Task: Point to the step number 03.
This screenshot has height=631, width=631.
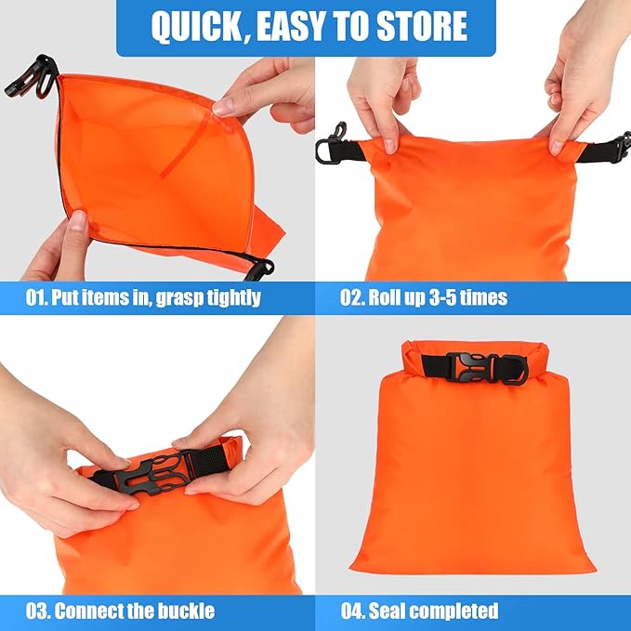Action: (x=38, y=611)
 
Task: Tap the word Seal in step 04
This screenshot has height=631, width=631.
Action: (x=388, y=611)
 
